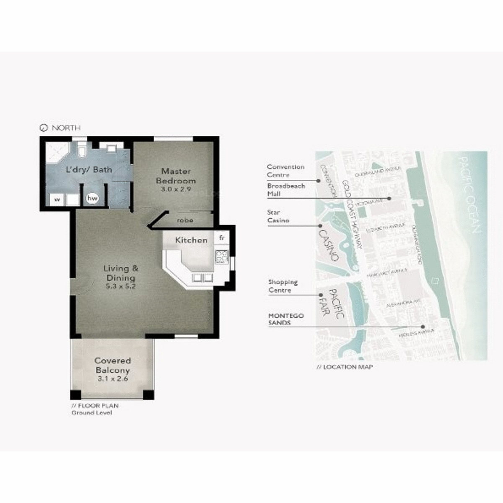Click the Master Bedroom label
coord(176,176)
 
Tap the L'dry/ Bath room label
coord(90,170)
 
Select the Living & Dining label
coord(121,273)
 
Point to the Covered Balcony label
coord(112,365)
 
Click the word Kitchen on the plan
coord(191,240)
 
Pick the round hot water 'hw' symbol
coord(92,199)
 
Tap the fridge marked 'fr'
coord(222,238)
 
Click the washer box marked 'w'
coord(57,200)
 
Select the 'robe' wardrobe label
coord(184,220)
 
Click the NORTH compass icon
coord(43,128)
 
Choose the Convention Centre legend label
coord(285,171)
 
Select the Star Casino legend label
coord(278,216)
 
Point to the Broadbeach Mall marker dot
coord(389,198)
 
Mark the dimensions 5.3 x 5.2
coord(121,287)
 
